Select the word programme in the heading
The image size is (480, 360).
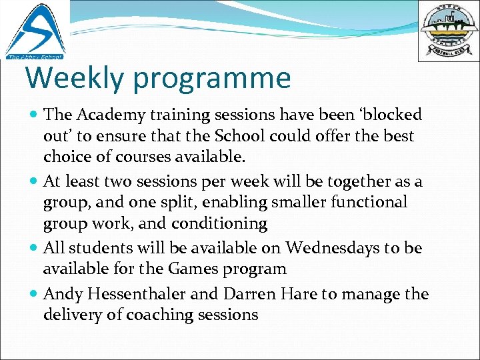(213, 79)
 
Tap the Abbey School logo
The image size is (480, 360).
(35, 31)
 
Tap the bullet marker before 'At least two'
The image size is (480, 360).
(34, 181)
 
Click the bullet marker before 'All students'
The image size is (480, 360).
(34, 248)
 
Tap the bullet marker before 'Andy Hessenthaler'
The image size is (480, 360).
(34, 294)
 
